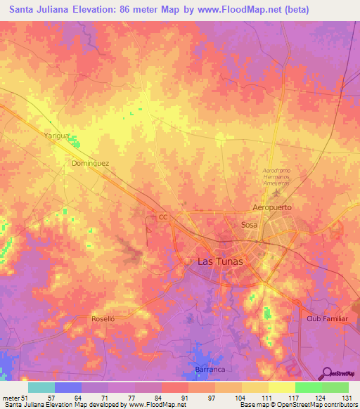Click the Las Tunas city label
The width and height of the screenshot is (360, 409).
tap(217, 261)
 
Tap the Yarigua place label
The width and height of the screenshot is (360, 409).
tap(57, 135)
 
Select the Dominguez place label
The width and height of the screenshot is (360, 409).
tap(91, 162)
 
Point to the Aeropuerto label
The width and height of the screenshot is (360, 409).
tap(271, 209)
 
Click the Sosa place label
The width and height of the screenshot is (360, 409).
tap(250, 225)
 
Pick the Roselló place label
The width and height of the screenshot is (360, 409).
tap(107, 318)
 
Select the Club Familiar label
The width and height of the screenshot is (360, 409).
tap(327, 318)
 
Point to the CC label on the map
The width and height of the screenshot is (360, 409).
tap(163, 218)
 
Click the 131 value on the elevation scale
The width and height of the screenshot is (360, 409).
tap(347, 398)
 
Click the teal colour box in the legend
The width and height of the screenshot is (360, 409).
tap(41, 387)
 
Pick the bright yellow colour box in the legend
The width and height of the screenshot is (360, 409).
tap(282, 387)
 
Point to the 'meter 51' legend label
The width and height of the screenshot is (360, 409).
tap(15, 398)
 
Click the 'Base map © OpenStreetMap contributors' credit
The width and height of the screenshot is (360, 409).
tap(296, 405)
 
